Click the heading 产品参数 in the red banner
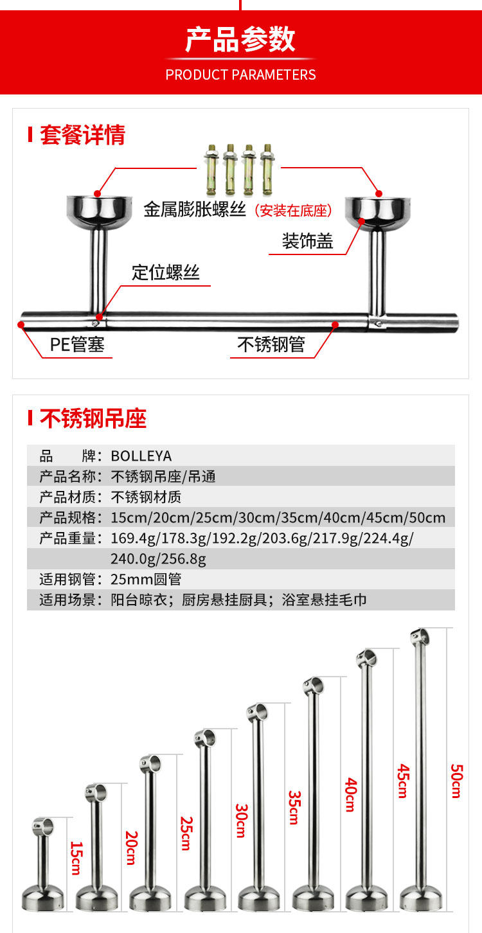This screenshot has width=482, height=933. (x=240, y=40)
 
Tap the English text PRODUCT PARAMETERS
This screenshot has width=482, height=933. (x=240, y=75)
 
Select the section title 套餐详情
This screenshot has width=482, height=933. (x=82, y=136)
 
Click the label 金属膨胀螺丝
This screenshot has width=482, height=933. (x=195, y=209)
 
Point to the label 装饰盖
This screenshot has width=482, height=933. (x=307, y=241)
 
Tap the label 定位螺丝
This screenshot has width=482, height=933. (x=166, y=272)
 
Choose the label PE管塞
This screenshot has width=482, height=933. (x=77, y=346)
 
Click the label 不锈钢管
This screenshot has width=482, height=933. (x=271, y=345)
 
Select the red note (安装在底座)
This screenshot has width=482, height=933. (x=293, y=210)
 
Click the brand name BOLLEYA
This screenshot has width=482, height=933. (x=141, y=456)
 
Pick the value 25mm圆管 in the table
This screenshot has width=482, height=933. (x=146, y=580)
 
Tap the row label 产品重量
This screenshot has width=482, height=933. (x=67, y=538)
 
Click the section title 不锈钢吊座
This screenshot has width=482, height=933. (x=93, y=419)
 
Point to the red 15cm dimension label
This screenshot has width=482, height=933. (x=76, y=858)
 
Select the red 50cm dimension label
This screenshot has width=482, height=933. (x=456, y=781)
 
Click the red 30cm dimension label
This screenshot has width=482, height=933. (x=241, y=821)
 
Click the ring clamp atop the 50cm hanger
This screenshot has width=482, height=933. (x=420, y=637)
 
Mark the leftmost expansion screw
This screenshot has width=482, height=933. (x=210, y=170)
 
